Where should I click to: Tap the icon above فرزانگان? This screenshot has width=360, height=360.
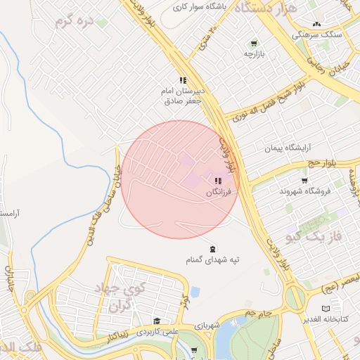click(217, 181)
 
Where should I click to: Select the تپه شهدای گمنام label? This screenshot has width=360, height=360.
click(213, 259)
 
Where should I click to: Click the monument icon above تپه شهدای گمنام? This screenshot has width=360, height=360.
click(213, 248)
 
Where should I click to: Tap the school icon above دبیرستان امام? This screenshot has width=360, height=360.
click(183, 81)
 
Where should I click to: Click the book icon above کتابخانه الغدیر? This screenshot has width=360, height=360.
click(325, 308)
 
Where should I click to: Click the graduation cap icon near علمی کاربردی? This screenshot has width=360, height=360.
click(157, 321)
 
